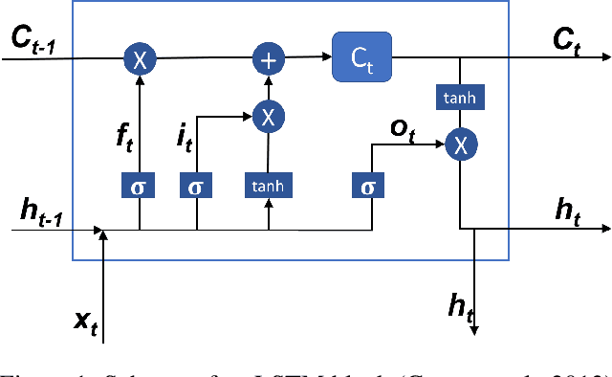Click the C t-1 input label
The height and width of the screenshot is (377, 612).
(33, 38)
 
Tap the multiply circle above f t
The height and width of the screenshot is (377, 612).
(140, 59)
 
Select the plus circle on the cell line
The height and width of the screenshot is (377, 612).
(269, 59)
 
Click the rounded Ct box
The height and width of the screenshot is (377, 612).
(361, 58)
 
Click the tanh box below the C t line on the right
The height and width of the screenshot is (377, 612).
(460, 96)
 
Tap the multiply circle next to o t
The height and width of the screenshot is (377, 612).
(460, 144)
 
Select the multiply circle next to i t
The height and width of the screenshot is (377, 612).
(269, 116)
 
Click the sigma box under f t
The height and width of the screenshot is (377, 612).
(140, 187)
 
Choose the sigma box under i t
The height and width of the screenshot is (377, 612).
(196, 187)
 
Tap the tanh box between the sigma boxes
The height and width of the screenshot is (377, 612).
(269, 187)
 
